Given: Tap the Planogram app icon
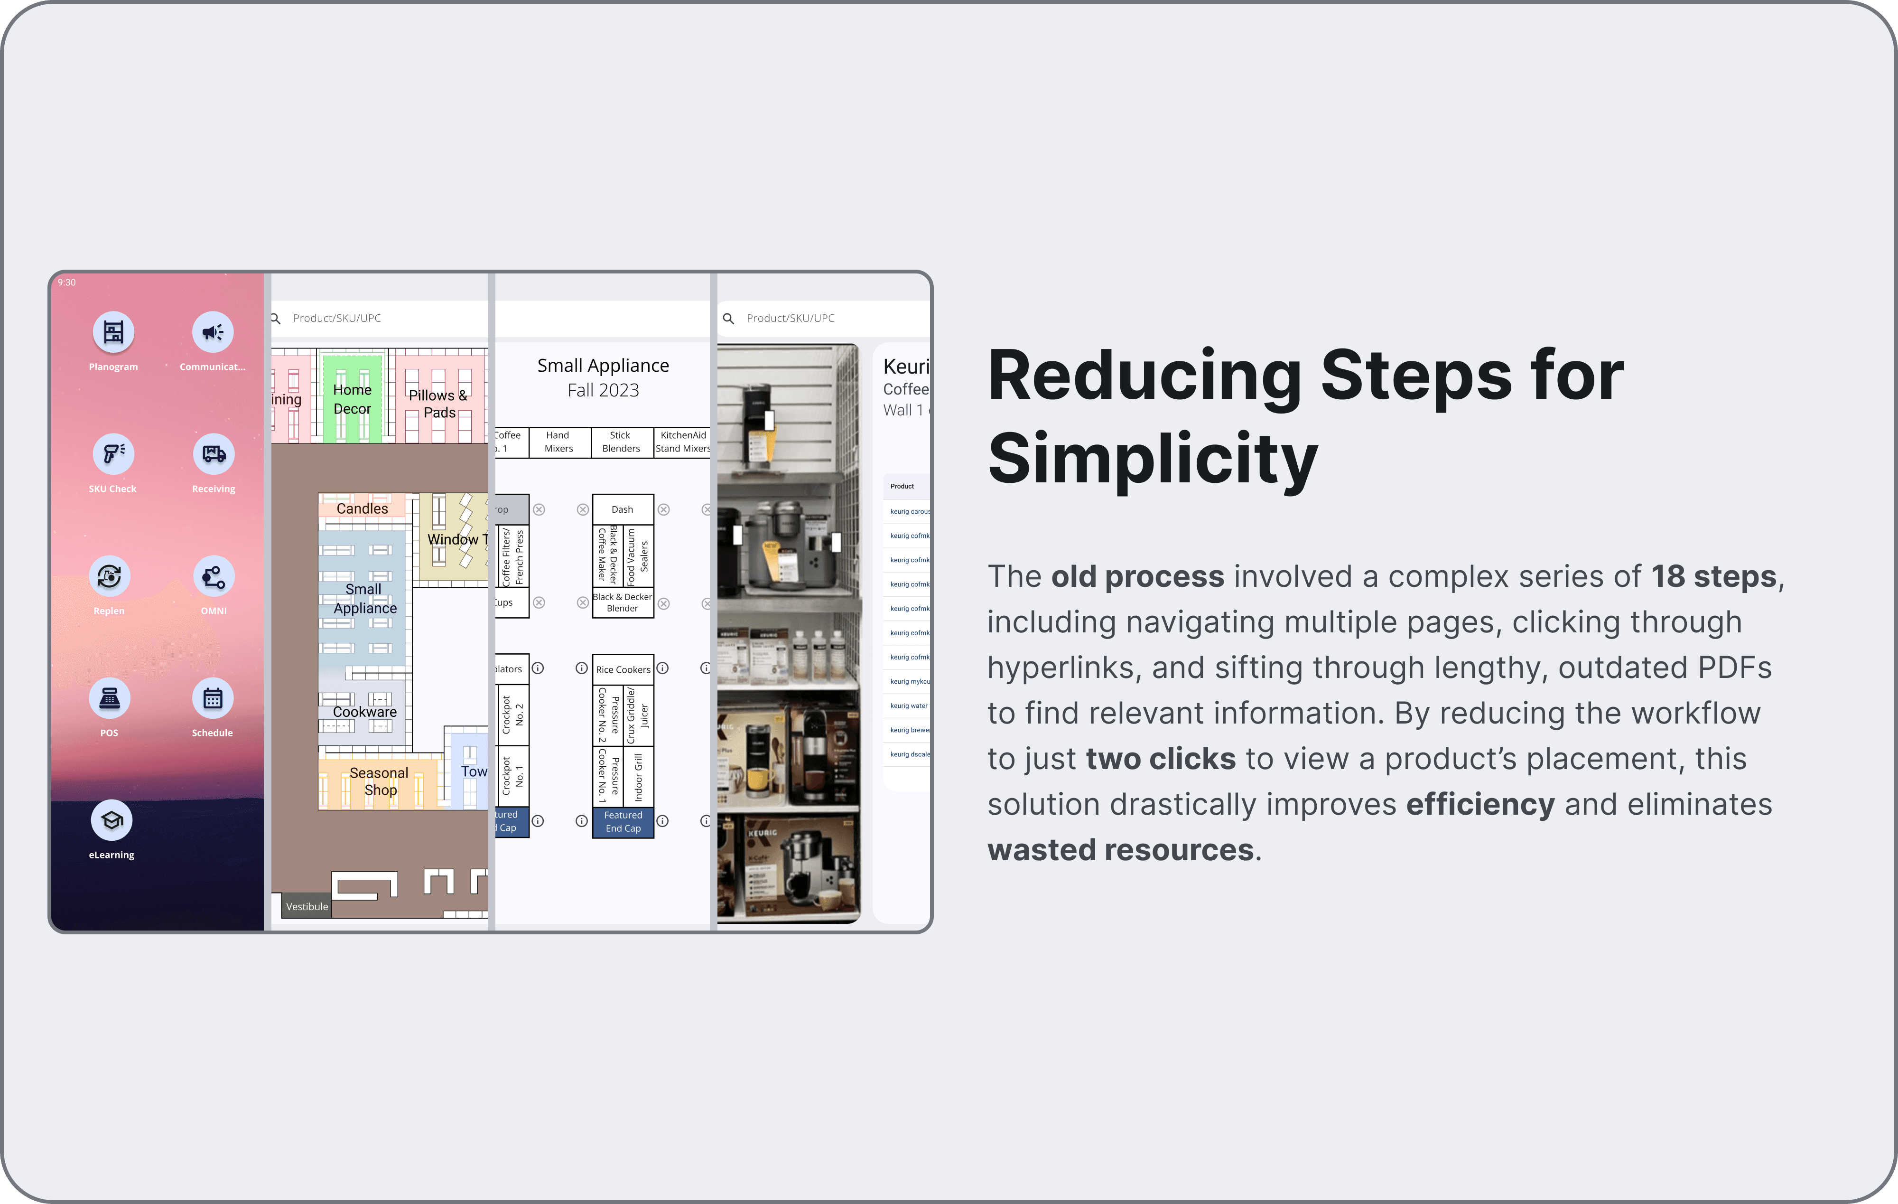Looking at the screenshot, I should coord(113,332).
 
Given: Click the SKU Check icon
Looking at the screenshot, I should coord(113,454).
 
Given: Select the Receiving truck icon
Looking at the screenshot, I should coord(214,454).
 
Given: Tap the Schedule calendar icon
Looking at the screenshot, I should coord(213,698).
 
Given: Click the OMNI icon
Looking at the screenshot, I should coord(214,576).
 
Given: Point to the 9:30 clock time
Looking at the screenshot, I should coord(67,282).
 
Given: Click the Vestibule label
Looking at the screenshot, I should coord(307,907).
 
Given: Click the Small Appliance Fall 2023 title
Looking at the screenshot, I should coord(603,378).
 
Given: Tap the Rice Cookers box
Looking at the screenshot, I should coord(623,669).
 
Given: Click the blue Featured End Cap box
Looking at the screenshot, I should coord(623,822).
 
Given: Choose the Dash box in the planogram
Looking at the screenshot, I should coord(623,509).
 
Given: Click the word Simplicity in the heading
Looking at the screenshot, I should coord(1153,459).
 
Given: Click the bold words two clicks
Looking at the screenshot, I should coord(1160,759).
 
